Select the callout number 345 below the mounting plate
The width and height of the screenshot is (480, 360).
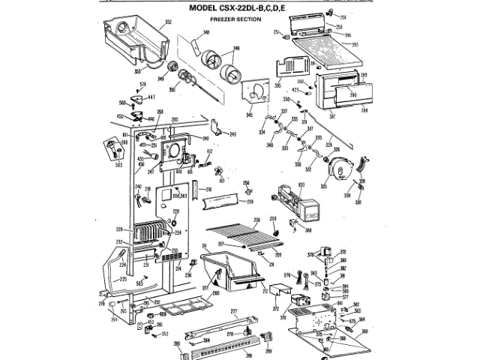(250, 114)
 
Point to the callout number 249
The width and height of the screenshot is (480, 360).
(232, 134)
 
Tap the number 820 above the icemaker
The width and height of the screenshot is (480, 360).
(302, 184)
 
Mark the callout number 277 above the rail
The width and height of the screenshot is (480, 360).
(233, 310)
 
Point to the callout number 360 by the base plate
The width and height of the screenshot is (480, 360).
(365, 331)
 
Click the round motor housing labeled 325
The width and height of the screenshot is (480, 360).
(344, 171)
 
